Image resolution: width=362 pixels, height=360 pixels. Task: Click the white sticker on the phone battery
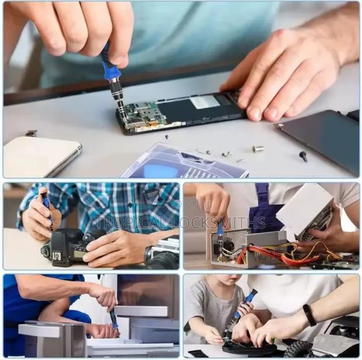(x=205, y=102)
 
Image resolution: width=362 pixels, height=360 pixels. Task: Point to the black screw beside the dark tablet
(x=303, y=156)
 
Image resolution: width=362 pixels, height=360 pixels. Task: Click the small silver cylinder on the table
(x=258, y=149)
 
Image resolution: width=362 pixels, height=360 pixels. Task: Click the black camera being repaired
(x=67, y=245)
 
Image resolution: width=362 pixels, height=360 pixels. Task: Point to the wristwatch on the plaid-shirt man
(x=148, y=254)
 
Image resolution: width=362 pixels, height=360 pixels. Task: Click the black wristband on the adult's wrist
(x=309, y=315)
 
